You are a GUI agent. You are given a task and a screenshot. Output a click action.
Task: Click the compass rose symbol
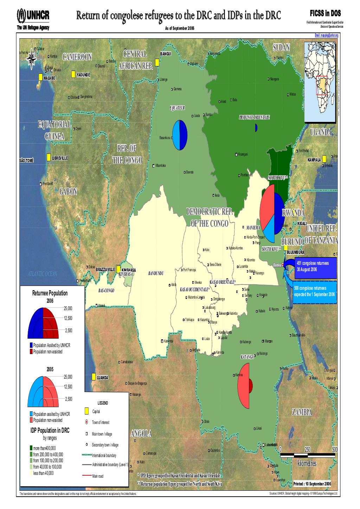coord(32,58)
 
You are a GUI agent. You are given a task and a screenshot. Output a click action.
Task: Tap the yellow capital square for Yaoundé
coord(73,74)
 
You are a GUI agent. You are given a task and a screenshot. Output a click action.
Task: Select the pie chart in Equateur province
coord(180,135)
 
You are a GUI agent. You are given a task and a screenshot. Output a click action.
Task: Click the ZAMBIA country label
coord(302,412)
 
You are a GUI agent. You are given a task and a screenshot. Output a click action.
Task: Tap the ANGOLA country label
coord(141,434)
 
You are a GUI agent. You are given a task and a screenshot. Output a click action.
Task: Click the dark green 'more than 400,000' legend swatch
coord(31,448)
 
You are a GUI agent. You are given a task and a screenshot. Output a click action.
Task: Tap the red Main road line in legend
coord(86,476)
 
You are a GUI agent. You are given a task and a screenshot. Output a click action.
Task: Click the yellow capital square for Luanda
coord(94,377)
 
